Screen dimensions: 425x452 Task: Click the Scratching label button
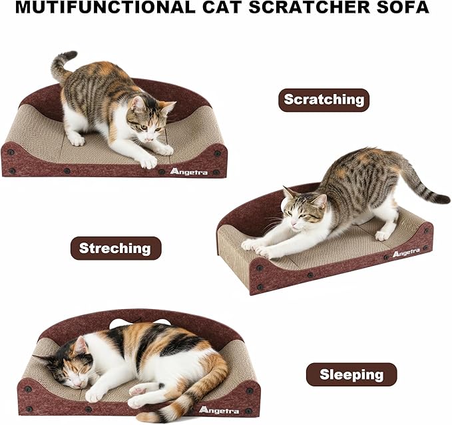324,100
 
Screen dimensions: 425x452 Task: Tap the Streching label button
115,248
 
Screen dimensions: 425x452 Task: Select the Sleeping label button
351,374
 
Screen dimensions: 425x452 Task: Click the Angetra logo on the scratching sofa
188,171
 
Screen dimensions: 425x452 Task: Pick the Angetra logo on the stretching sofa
405,253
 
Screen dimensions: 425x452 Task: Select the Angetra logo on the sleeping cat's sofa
218,408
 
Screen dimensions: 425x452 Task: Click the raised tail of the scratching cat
62,65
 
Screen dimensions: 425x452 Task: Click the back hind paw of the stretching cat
383,234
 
